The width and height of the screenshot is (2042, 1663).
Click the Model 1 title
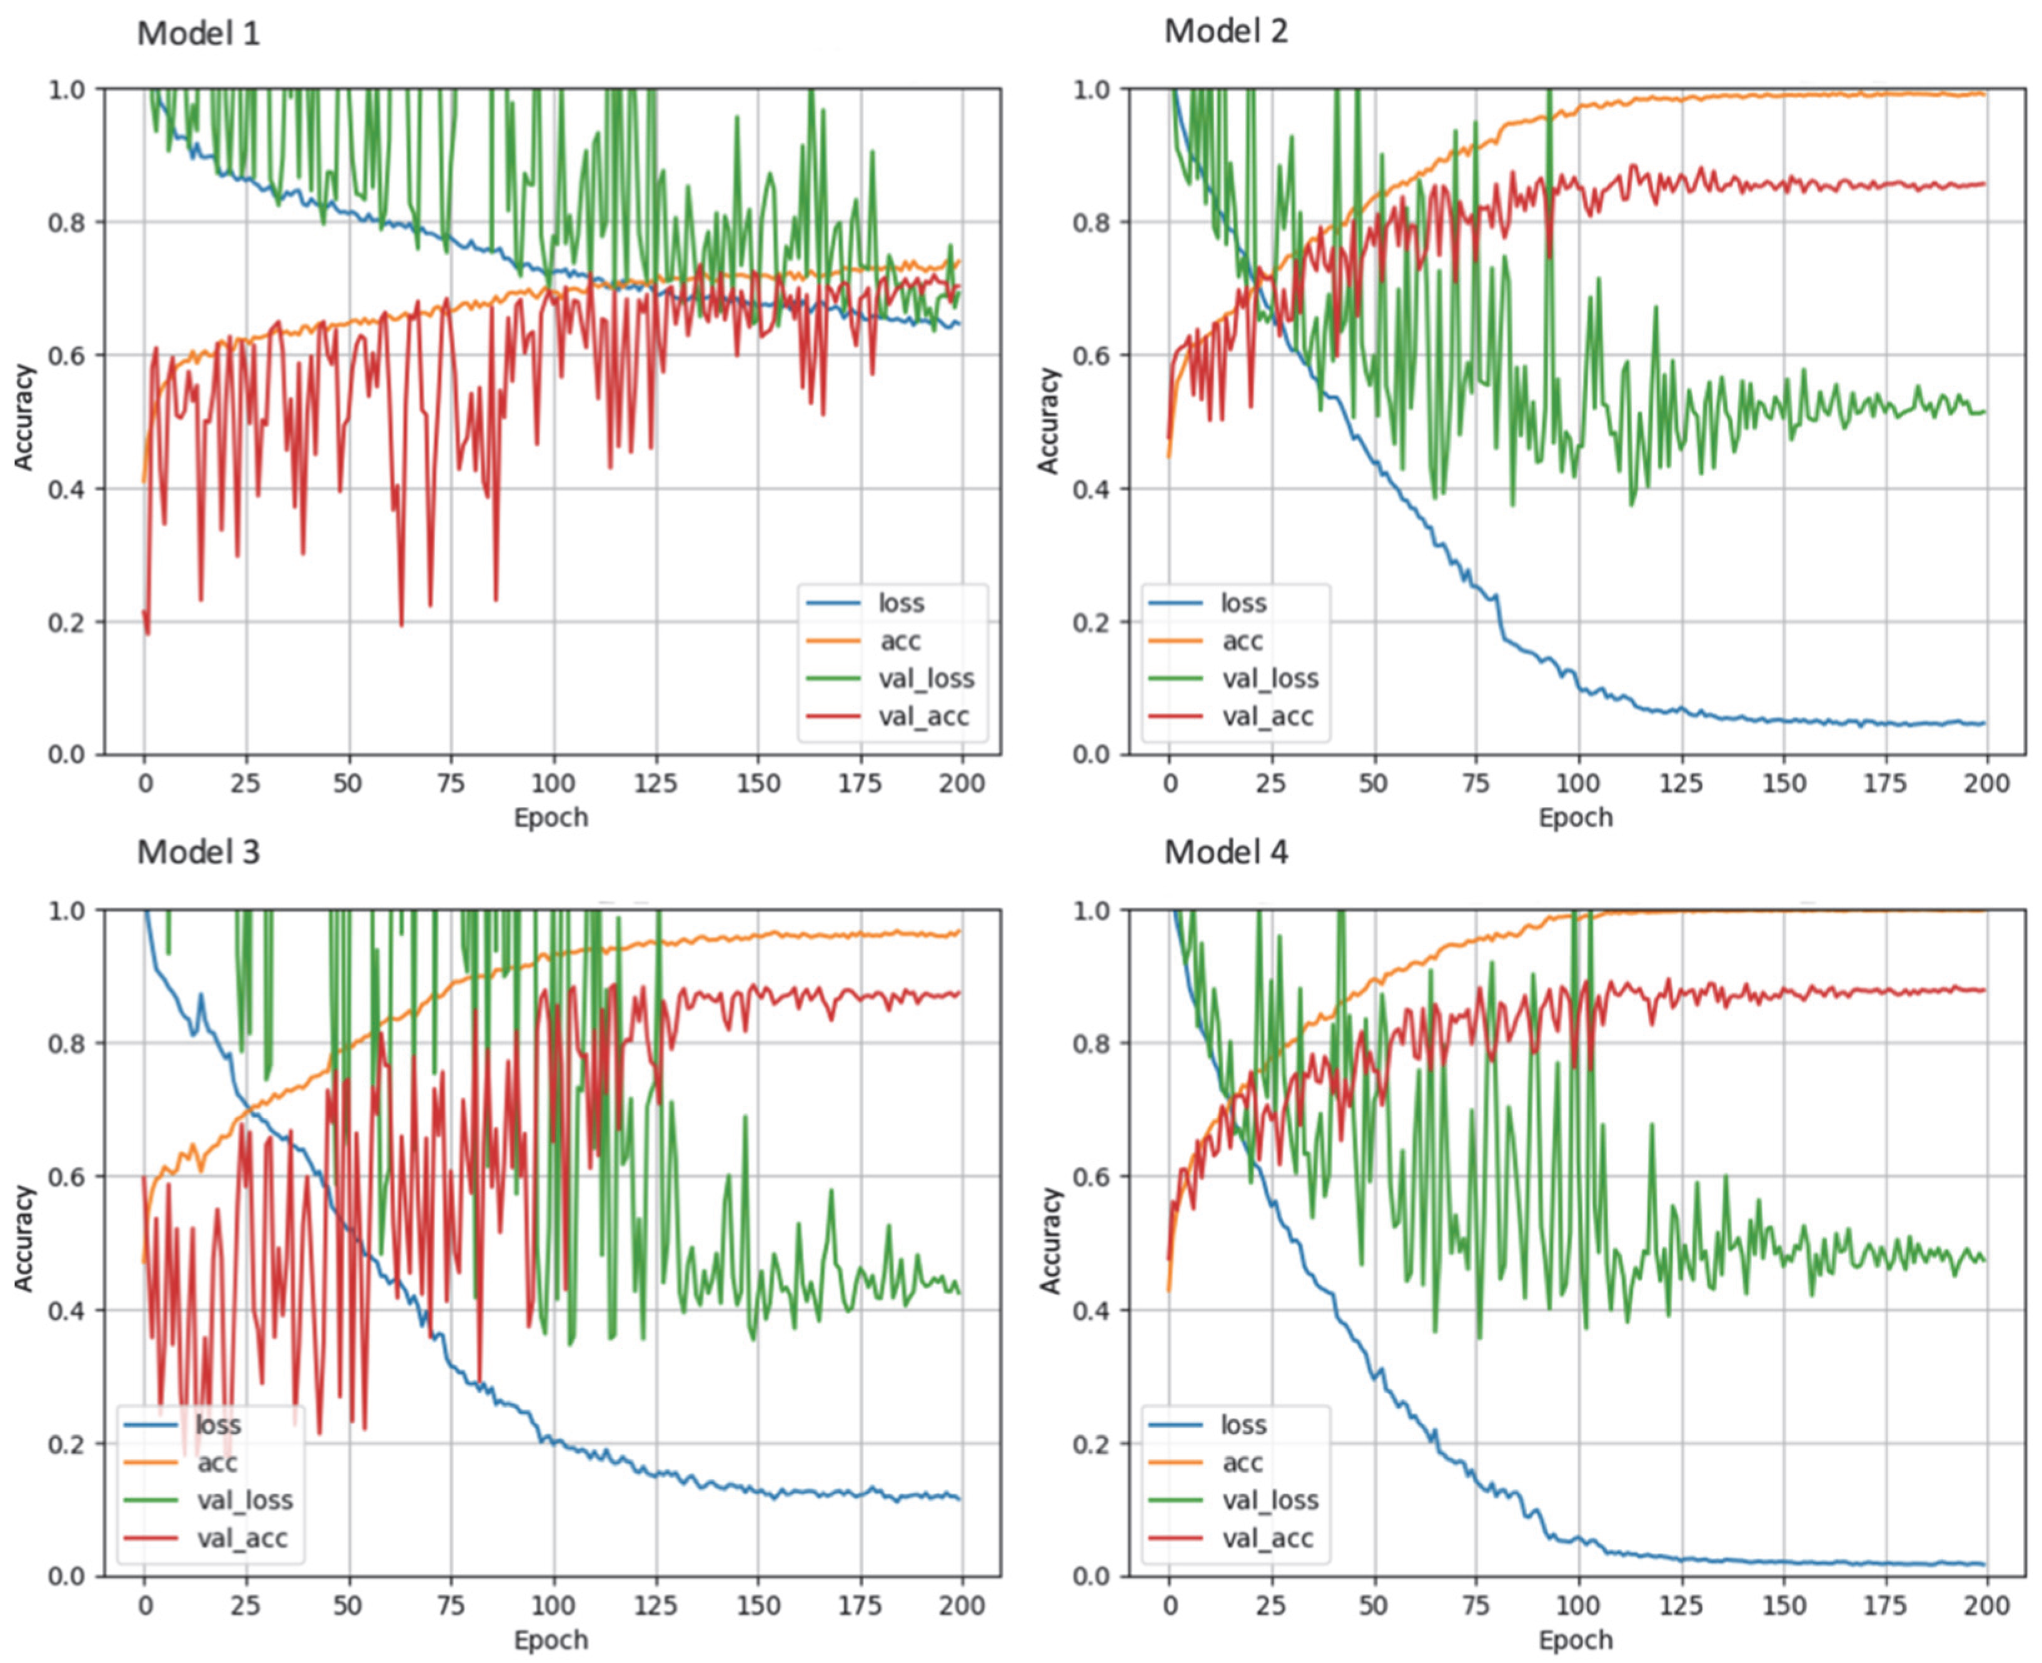pyautogui.click(x=198, y=34)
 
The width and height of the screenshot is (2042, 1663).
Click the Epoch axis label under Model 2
pyautogui.click(x=1576, y=818)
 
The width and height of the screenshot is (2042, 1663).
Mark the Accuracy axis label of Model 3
pyautogui.click(x=24, y=1238)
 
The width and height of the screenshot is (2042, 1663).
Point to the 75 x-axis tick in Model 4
pyautogui.click(x=1476, y=1605)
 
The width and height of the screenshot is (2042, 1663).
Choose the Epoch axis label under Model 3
pyautogui.click(x=551, y=1640)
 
